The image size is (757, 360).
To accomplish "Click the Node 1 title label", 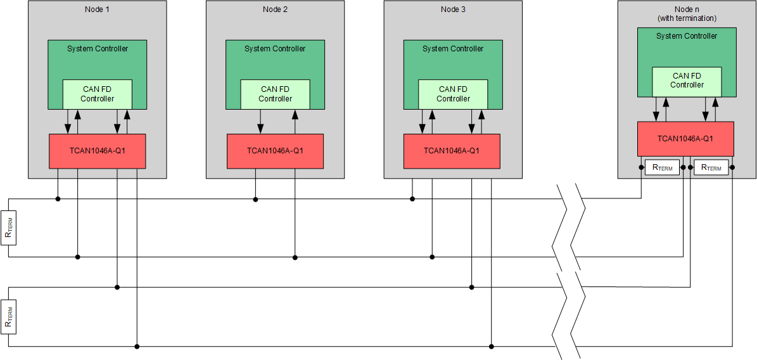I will [x=97, y=9].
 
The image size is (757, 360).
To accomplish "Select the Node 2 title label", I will [x=275, y=9].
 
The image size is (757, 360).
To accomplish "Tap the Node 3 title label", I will [x=453, y=9].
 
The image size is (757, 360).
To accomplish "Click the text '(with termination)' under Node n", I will [x=687, y=18].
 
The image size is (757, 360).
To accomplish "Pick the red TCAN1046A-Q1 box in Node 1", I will [x=97, y=151].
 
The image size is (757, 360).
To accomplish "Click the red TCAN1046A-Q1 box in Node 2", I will [x=275, y=151].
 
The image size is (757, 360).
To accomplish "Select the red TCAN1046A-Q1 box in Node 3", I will [x=452, y=151].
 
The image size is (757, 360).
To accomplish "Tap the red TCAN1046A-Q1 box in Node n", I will [x=685, y=138].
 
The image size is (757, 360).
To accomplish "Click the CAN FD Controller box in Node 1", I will [x=97, y=94].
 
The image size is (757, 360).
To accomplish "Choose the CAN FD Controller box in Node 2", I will [x=275, y=94].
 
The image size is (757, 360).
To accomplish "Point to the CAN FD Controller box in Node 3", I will [x=453, y=94].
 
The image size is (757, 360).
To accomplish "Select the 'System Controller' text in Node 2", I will [x=275, y=49].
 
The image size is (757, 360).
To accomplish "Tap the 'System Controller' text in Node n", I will [x=687, y=36].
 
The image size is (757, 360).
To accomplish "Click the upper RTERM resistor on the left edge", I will [x=8, y=228].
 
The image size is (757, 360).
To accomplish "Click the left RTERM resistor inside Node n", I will [x=662, y=167].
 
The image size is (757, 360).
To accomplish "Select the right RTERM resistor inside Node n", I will [x=711, y=167].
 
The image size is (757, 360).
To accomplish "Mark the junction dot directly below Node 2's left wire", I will [x=255, y=199].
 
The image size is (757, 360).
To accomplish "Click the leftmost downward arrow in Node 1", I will [x=68, y=124].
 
